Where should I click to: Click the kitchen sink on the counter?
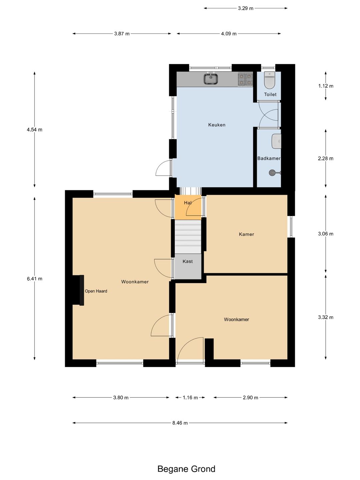click(211, 79)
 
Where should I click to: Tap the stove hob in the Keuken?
click(245, 79)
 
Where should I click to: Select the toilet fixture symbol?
click(270, 80)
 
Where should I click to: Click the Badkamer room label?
click(269, 158)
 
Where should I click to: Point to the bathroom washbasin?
click(276, 141)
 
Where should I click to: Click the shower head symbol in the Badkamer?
click(275, 173)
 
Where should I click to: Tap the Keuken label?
click(217, 125)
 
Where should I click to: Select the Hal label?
click(188, 203)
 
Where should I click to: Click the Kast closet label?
click(188, 261)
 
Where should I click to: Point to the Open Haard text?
click(96, 291)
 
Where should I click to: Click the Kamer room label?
click(246, 234)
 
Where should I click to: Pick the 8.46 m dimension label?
click(180, 423)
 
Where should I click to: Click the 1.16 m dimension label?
click(190, 398)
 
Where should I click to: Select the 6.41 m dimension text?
click(35, 279)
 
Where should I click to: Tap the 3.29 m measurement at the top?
click(246, 8)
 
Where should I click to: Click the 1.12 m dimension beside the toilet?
click(326, 86)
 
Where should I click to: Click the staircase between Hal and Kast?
click(188, 237)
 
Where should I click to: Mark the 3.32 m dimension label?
click(326, 317)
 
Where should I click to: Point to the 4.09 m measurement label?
click(229, 34)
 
